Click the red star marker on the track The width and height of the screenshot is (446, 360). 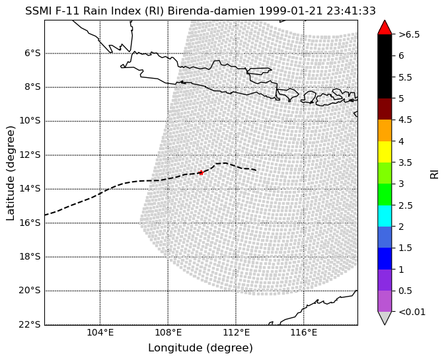pos(201,172)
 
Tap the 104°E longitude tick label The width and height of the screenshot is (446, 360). pos(100,332)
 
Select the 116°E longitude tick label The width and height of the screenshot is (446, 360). pos(304,332)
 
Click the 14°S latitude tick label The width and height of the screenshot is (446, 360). pos(30,189)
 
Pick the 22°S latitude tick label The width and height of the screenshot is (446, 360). pos(30,324)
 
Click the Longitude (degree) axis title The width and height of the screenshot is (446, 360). pos(200,347)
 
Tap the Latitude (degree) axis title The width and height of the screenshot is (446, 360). pos(10,173)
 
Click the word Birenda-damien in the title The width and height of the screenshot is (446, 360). pos(211,11)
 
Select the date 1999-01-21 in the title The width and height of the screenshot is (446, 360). pos(291,11)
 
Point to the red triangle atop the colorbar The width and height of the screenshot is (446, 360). pos(385,27)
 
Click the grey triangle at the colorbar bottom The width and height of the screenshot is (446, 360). pos(385,318)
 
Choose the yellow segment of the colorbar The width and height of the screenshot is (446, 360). pos(385,152)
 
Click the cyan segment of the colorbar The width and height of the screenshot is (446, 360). pos(385,216)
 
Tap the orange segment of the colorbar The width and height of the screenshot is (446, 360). pos(385,131)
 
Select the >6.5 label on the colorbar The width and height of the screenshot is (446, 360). pos(409,34)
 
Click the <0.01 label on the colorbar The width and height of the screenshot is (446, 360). pos(412,312)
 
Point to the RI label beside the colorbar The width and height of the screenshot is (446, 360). pos(434,174)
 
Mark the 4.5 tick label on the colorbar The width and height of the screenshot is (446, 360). pos(405,120)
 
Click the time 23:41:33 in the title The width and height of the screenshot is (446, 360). pos(351,11)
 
